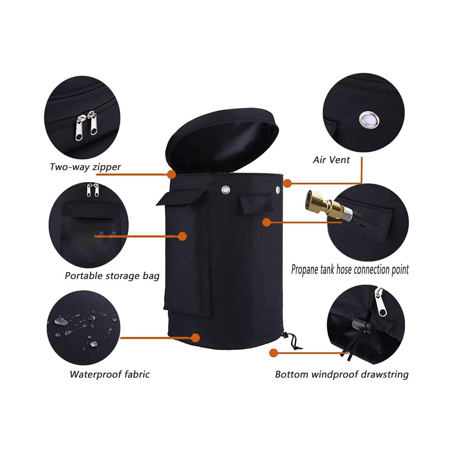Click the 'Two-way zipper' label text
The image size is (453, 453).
tap(85, 167)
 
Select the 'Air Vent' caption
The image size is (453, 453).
tap(331, 160)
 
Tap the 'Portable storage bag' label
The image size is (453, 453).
tap(112, 276)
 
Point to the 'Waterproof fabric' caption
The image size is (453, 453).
tap(110, 374)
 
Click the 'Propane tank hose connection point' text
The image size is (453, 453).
tap(350, 270)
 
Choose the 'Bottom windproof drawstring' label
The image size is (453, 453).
tap(342, 374)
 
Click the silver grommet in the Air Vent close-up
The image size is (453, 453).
tap(369, 119)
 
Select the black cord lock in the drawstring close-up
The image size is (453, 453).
tap(361, 326)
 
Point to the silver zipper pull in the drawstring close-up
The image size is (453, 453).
tap(381, 302)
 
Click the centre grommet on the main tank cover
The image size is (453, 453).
tap(226, 190)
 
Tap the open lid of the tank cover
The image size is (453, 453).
tap(222, 140)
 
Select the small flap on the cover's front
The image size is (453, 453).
tap(256, 203)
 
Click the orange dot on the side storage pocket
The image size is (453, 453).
tap(182, 236)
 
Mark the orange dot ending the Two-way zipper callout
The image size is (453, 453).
tap(172, 174)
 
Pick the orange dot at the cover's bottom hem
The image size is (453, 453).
tap(195, 338)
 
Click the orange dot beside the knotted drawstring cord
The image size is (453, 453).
tap(273, 353)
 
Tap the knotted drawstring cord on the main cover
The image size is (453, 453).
tap(291, 341)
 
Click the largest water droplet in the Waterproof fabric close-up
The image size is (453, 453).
tap(61, 321)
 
